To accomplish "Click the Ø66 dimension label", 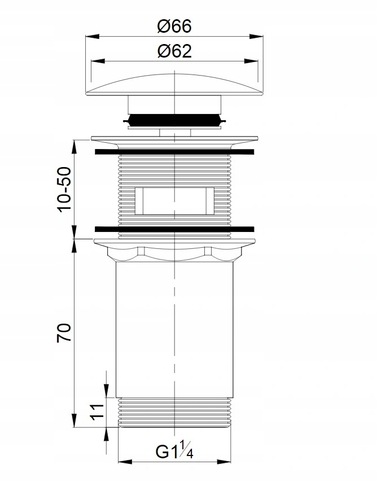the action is (174, 26).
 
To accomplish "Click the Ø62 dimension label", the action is (174, 51).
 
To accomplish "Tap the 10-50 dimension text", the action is (64, 190).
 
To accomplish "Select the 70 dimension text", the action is (64, 332).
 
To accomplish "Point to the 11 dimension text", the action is (97, 412).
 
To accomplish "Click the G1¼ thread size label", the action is (174, 449).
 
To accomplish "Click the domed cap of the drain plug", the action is (174, 85).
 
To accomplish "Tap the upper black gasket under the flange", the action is (174, 152).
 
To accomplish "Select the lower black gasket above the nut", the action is (174, 229).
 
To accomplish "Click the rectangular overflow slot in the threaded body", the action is (174, 201).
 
